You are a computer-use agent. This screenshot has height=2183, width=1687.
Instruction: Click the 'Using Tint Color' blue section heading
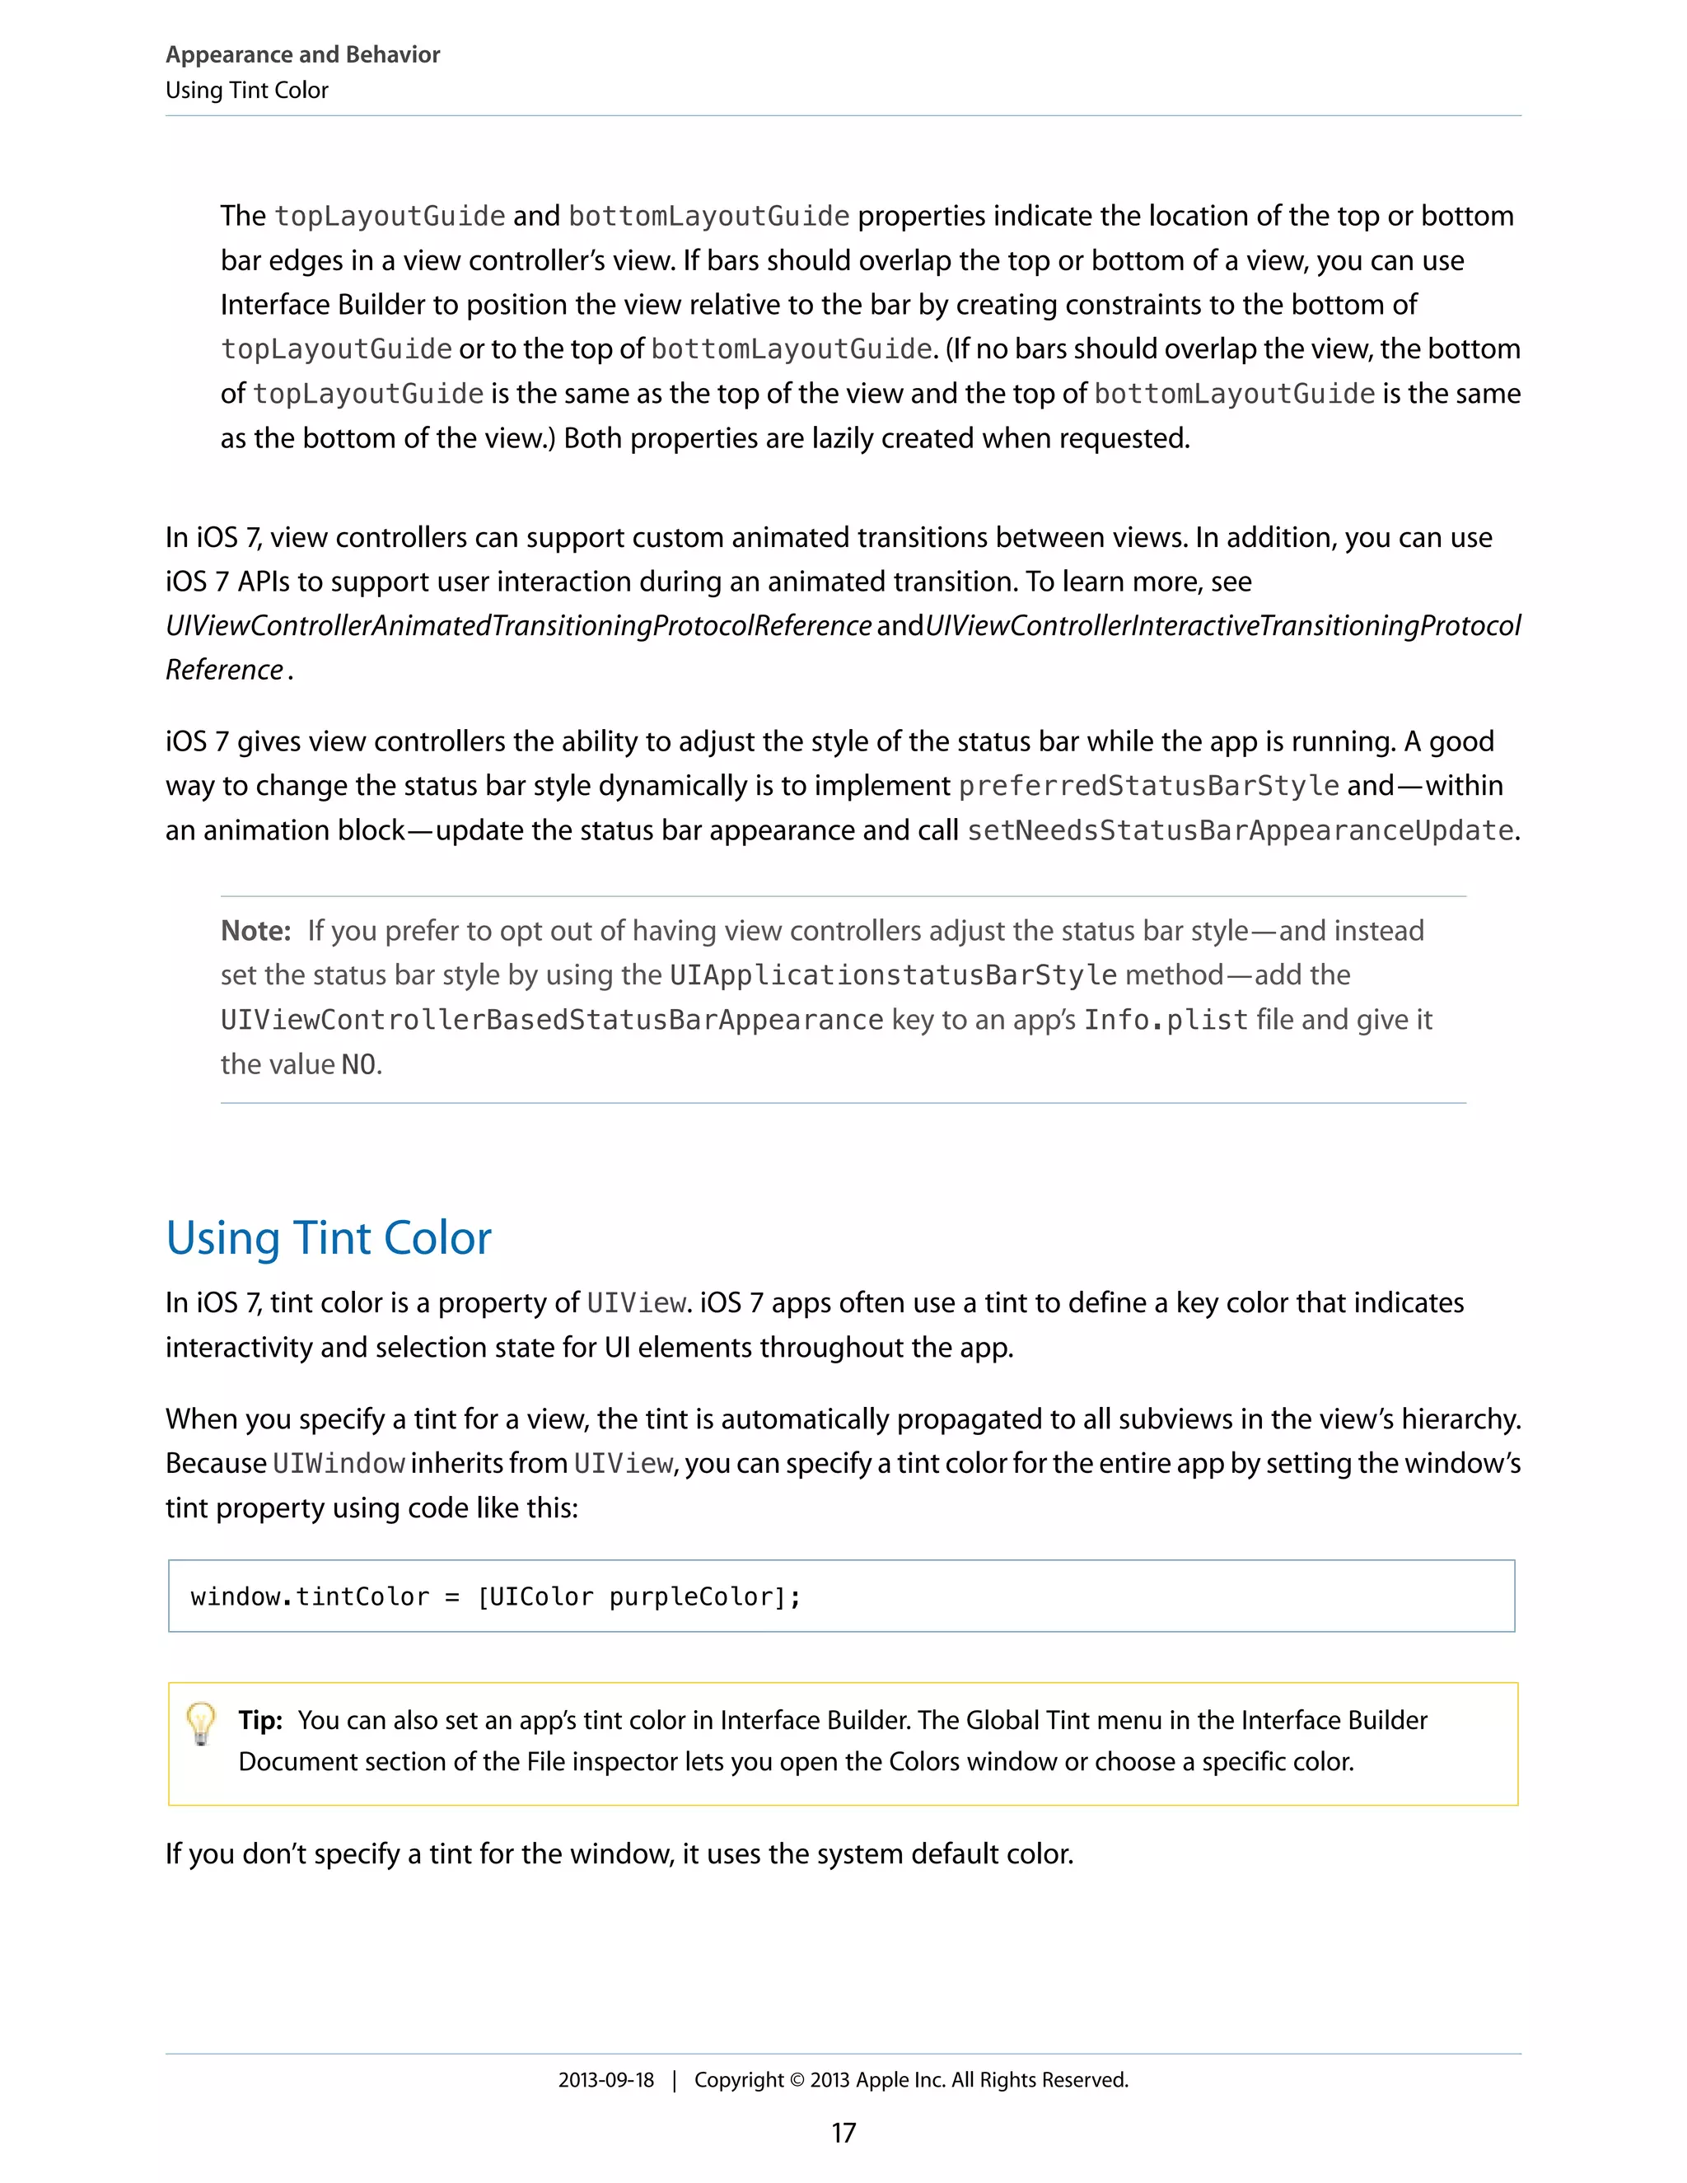328,1237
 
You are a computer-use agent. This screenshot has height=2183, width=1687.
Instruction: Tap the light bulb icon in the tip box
201,1723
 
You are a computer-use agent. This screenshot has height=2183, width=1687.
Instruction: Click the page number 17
843,2133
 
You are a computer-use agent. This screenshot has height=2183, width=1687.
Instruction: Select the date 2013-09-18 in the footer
605,2080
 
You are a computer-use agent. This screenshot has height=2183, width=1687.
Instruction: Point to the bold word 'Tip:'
259,1720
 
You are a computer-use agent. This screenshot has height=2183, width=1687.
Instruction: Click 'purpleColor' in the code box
692,1597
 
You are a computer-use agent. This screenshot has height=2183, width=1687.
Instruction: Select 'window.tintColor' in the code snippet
310,1597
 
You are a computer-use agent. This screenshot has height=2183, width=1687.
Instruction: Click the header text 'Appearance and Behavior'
303,55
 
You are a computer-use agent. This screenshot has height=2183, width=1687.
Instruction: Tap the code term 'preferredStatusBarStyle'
1148,786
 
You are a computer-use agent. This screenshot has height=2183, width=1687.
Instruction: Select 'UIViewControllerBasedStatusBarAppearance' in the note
552,1021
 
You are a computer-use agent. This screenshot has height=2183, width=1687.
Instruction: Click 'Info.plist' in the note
1166,1021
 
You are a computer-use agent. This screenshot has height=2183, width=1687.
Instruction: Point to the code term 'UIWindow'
338,1463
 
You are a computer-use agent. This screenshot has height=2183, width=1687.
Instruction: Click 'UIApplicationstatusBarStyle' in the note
892,975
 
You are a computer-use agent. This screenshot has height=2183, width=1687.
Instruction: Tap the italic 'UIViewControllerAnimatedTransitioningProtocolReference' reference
517,626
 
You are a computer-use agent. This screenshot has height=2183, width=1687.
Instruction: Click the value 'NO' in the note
359,1064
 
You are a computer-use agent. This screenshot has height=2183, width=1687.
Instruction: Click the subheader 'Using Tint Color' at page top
247,91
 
